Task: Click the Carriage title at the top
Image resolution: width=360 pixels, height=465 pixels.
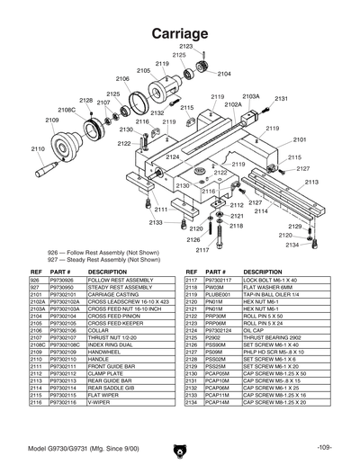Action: click(x=180, y=32)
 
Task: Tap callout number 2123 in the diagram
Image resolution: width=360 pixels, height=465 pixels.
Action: click(x=185, y=46)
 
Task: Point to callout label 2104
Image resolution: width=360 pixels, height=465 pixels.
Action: click(x=224, y=74)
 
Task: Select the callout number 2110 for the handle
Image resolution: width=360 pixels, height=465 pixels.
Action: click(x=38, y=148)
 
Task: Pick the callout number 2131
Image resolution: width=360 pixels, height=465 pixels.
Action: click(x=281, y=98)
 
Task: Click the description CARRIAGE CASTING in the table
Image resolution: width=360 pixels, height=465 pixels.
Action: click(x=110, y=293)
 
